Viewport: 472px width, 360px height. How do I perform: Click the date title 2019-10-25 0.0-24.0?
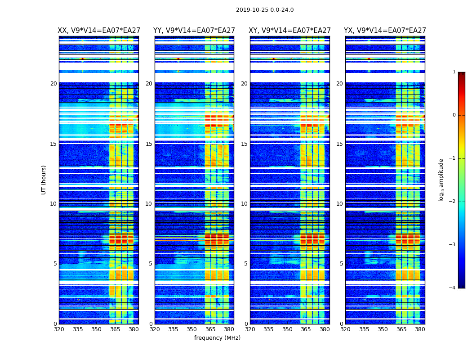pyautogui.click(x=265, y=10)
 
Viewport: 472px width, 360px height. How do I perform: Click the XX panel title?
pyautogui.click(x=98, y=31)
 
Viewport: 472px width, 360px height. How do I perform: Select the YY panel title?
pyautogui.click(x=194, y=31)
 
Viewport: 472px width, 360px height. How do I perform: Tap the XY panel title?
pyautogui.click(x=289, y=31)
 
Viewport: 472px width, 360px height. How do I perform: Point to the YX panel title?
pyautogui.click(x=385, y=31)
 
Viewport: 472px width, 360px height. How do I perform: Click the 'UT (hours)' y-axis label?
pyautogui.click(x=44, y=180)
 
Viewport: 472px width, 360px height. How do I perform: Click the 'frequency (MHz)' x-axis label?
pyautogui.click(x=217, y=338)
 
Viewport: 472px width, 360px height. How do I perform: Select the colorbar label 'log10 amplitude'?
pyautogui.click(x=441, y=180)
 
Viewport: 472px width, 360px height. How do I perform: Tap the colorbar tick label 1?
pyautogui.click(x=454, y=72)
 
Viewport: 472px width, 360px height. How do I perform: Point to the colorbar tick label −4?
pyautogui.click(x=453, y=288)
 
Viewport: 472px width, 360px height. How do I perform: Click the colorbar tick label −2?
pyautogui.click(x=453, y=202)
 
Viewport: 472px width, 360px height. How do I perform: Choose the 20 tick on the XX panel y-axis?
pyautogui.click(x=53, y=84)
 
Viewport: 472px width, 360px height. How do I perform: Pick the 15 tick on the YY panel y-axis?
pyautogui.click(x=149, y=144)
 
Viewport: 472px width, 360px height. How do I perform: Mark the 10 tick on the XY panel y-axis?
pyautogui.click(x=245, y=204)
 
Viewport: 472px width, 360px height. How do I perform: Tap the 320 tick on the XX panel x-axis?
pyautogui.click(x=59, y=329)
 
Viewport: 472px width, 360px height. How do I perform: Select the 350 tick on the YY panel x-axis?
pyautogui.click(x=192, y=329)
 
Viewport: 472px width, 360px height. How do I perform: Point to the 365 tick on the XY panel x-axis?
pyautogui.click(x=306, y=329)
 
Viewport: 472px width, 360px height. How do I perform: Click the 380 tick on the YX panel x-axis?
pyautogui.click(x=420, y=329)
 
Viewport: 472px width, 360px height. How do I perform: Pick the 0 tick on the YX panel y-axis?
pyautogui.click(x=342, y=324)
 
